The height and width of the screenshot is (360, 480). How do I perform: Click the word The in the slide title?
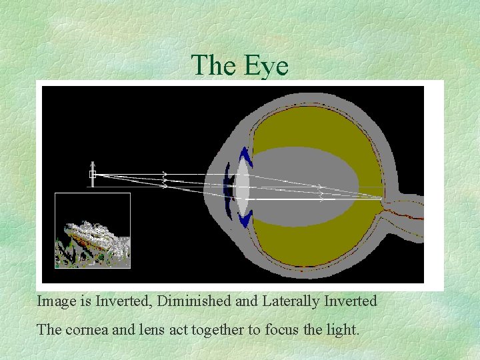(x=213, y=66)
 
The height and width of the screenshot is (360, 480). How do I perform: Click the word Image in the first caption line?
(x=57, y=301)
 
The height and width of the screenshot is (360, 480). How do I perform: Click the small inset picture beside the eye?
(x=93, y=231)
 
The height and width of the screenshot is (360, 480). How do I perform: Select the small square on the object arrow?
(x=93, y=175)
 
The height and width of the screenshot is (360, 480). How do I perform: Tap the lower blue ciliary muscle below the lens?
(x=245, y=219)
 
